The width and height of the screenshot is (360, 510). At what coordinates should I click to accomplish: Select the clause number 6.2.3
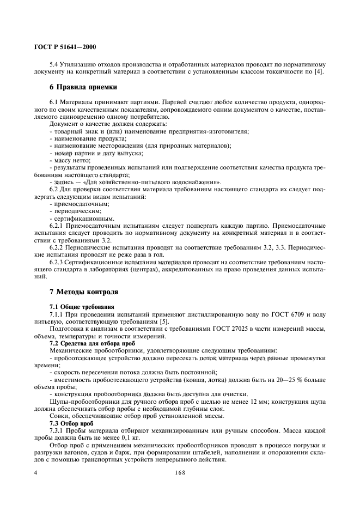point(58,263)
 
